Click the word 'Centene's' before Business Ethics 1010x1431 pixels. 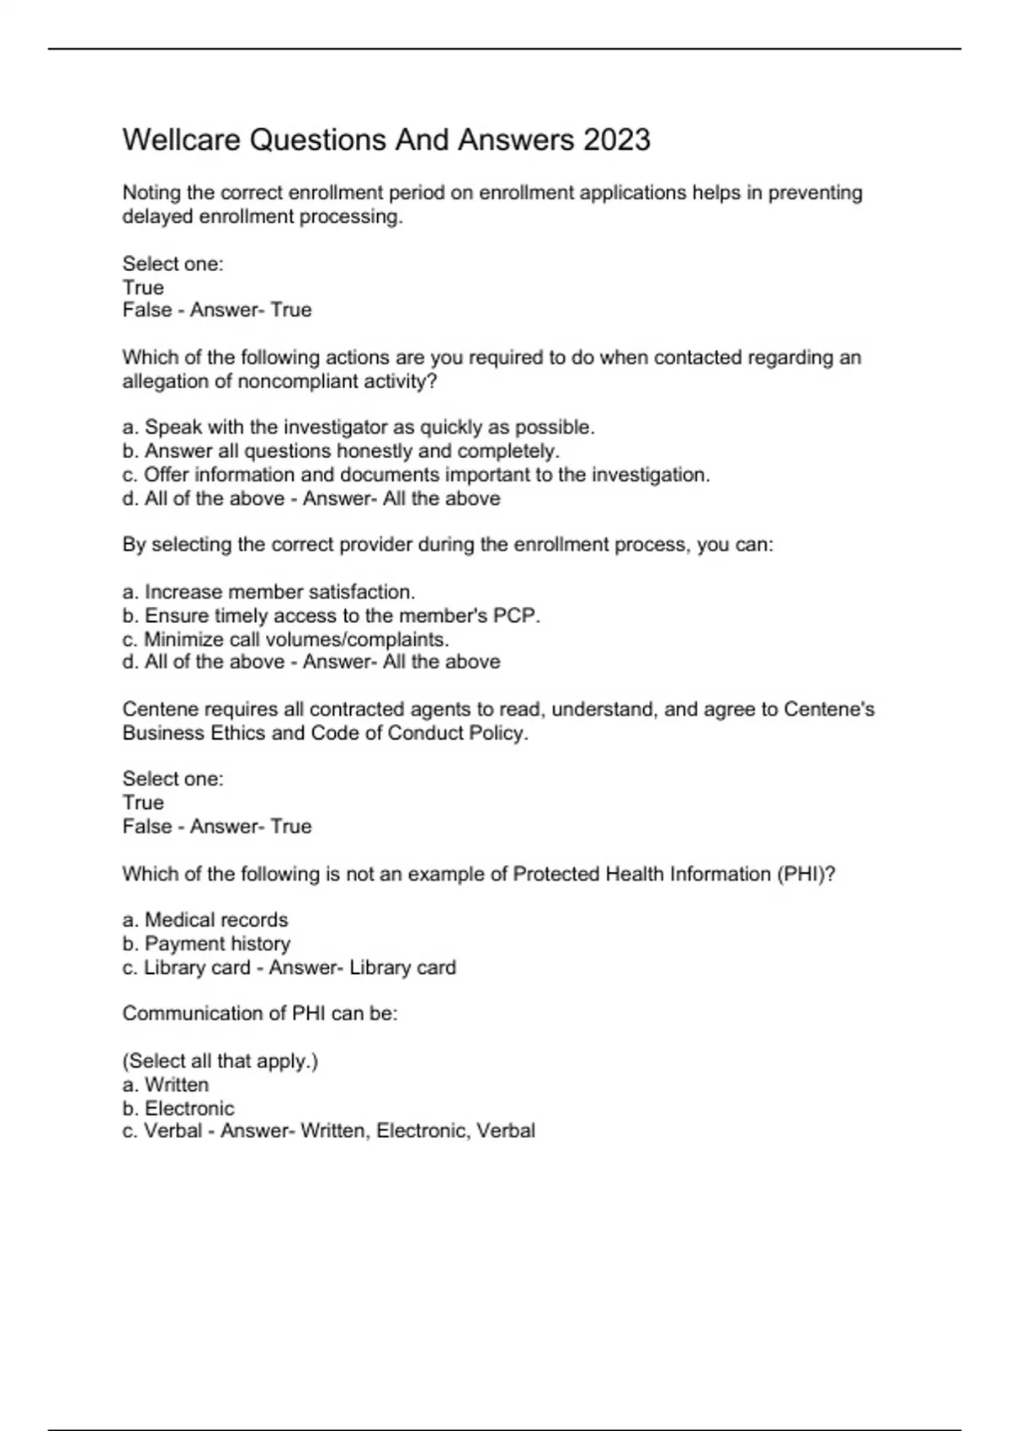click(x=829, y=710)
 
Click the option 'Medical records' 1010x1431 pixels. click(x=215, y=920)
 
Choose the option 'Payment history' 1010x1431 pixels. click(x=217, y=944)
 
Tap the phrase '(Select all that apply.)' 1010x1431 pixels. click(x=221, y=1061)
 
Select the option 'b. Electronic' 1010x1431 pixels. click(x=178, y=1109)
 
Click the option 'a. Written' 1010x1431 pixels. click(x=166, y=1085)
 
